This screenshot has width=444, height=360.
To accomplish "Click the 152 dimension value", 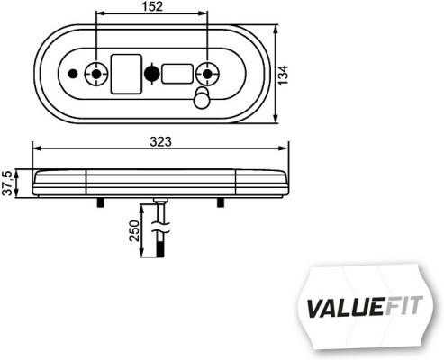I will tap(151, 8).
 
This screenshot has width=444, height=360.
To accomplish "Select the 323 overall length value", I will tap(161, 141).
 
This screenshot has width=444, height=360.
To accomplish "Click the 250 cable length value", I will tap(134, 234).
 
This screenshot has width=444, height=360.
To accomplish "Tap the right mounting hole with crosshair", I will tap(209, 74).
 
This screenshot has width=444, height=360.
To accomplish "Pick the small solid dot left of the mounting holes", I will tap(73, 74).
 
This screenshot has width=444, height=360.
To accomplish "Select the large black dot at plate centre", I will tap(151, 74).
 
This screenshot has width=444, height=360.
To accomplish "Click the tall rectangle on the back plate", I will tap(124, 74).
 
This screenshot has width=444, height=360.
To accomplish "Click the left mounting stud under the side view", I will tap(96, 202).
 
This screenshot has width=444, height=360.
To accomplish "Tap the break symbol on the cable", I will tap(159, 230).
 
